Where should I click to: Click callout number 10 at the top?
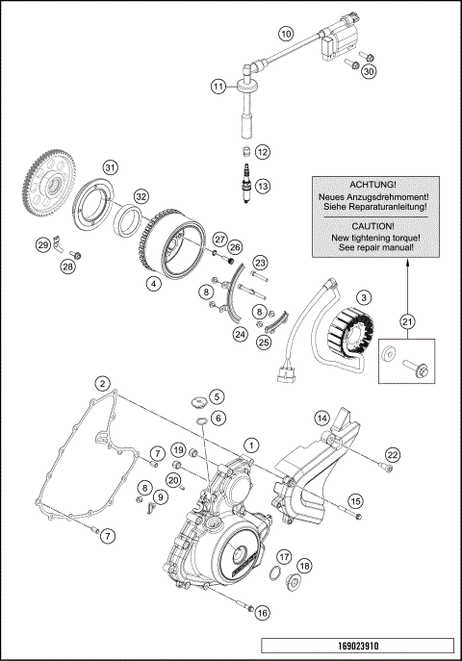[x=286, y=33]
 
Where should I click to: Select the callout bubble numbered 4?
[x=153, y=284]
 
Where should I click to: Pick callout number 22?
[x=392, y=454]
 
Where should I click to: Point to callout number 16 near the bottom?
[x=262, y=611]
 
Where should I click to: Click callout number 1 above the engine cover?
[x=251, y=445]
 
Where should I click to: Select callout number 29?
[x=42, y=245]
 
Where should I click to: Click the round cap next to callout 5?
[x=192, y=397]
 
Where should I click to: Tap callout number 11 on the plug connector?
[x=219, y=86]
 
